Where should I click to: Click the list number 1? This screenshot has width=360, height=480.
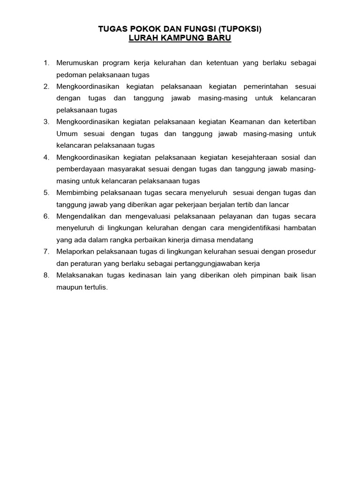pyautogui.click(x=46, y=62)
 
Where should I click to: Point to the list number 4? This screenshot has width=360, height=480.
pyautogui.click(x=46, y=157)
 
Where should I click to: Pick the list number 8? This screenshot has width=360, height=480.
pyautogui.click(x=46, y=275)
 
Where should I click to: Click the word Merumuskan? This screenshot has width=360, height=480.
pyautogui.click(x=77, y=62)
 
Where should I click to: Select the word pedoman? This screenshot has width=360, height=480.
pyautogui.click(x=70, y=75)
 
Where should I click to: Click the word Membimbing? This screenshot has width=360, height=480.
pyautogui.click(x=76, y=193)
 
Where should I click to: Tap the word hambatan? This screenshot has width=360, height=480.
pyautogui.click(x=301, y=228)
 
